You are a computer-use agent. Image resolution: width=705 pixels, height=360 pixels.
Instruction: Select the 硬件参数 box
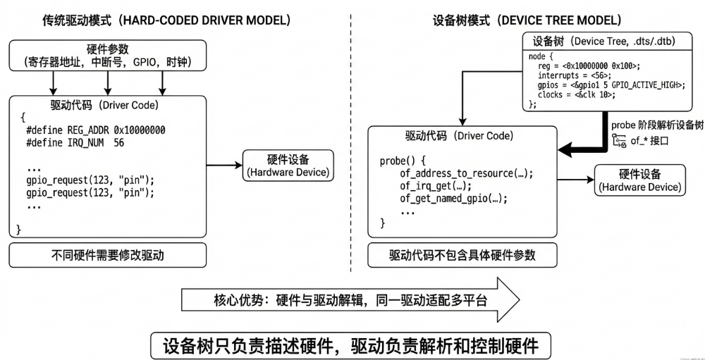(x=106, y=56)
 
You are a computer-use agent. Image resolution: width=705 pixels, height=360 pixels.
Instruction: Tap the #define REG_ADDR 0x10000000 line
(x=99, y=130)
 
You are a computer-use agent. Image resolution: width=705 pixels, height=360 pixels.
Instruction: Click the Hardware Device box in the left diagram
(x=288, y=166)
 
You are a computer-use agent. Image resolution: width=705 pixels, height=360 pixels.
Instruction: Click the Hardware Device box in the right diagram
(x=640, y=180)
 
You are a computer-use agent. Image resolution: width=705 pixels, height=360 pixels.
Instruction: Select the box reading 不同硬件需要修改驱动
(x=108, y=255)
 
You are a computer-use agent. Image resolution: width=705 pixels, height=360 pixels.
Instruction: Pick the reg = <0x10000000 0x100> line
(x=588, y=66)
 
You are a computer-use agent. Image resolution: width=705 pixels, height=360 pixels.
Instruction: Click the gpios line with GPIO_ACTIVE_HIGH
(x=611, y=85)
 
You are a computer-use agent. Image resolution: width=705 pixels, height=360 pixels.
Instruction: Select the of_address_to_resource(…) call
(x=467, y=173)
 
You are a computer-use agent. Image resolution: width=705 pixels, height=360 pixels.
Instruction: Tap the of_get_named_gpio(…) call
(x=453, y=199)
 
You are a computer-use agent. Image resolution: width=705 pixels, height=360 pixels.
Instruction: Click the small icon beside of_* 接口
(x=620, y=142)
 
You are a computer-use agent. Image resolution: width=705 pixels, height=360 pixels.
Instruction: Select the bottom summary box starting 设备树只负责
(x=350, y=345)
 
